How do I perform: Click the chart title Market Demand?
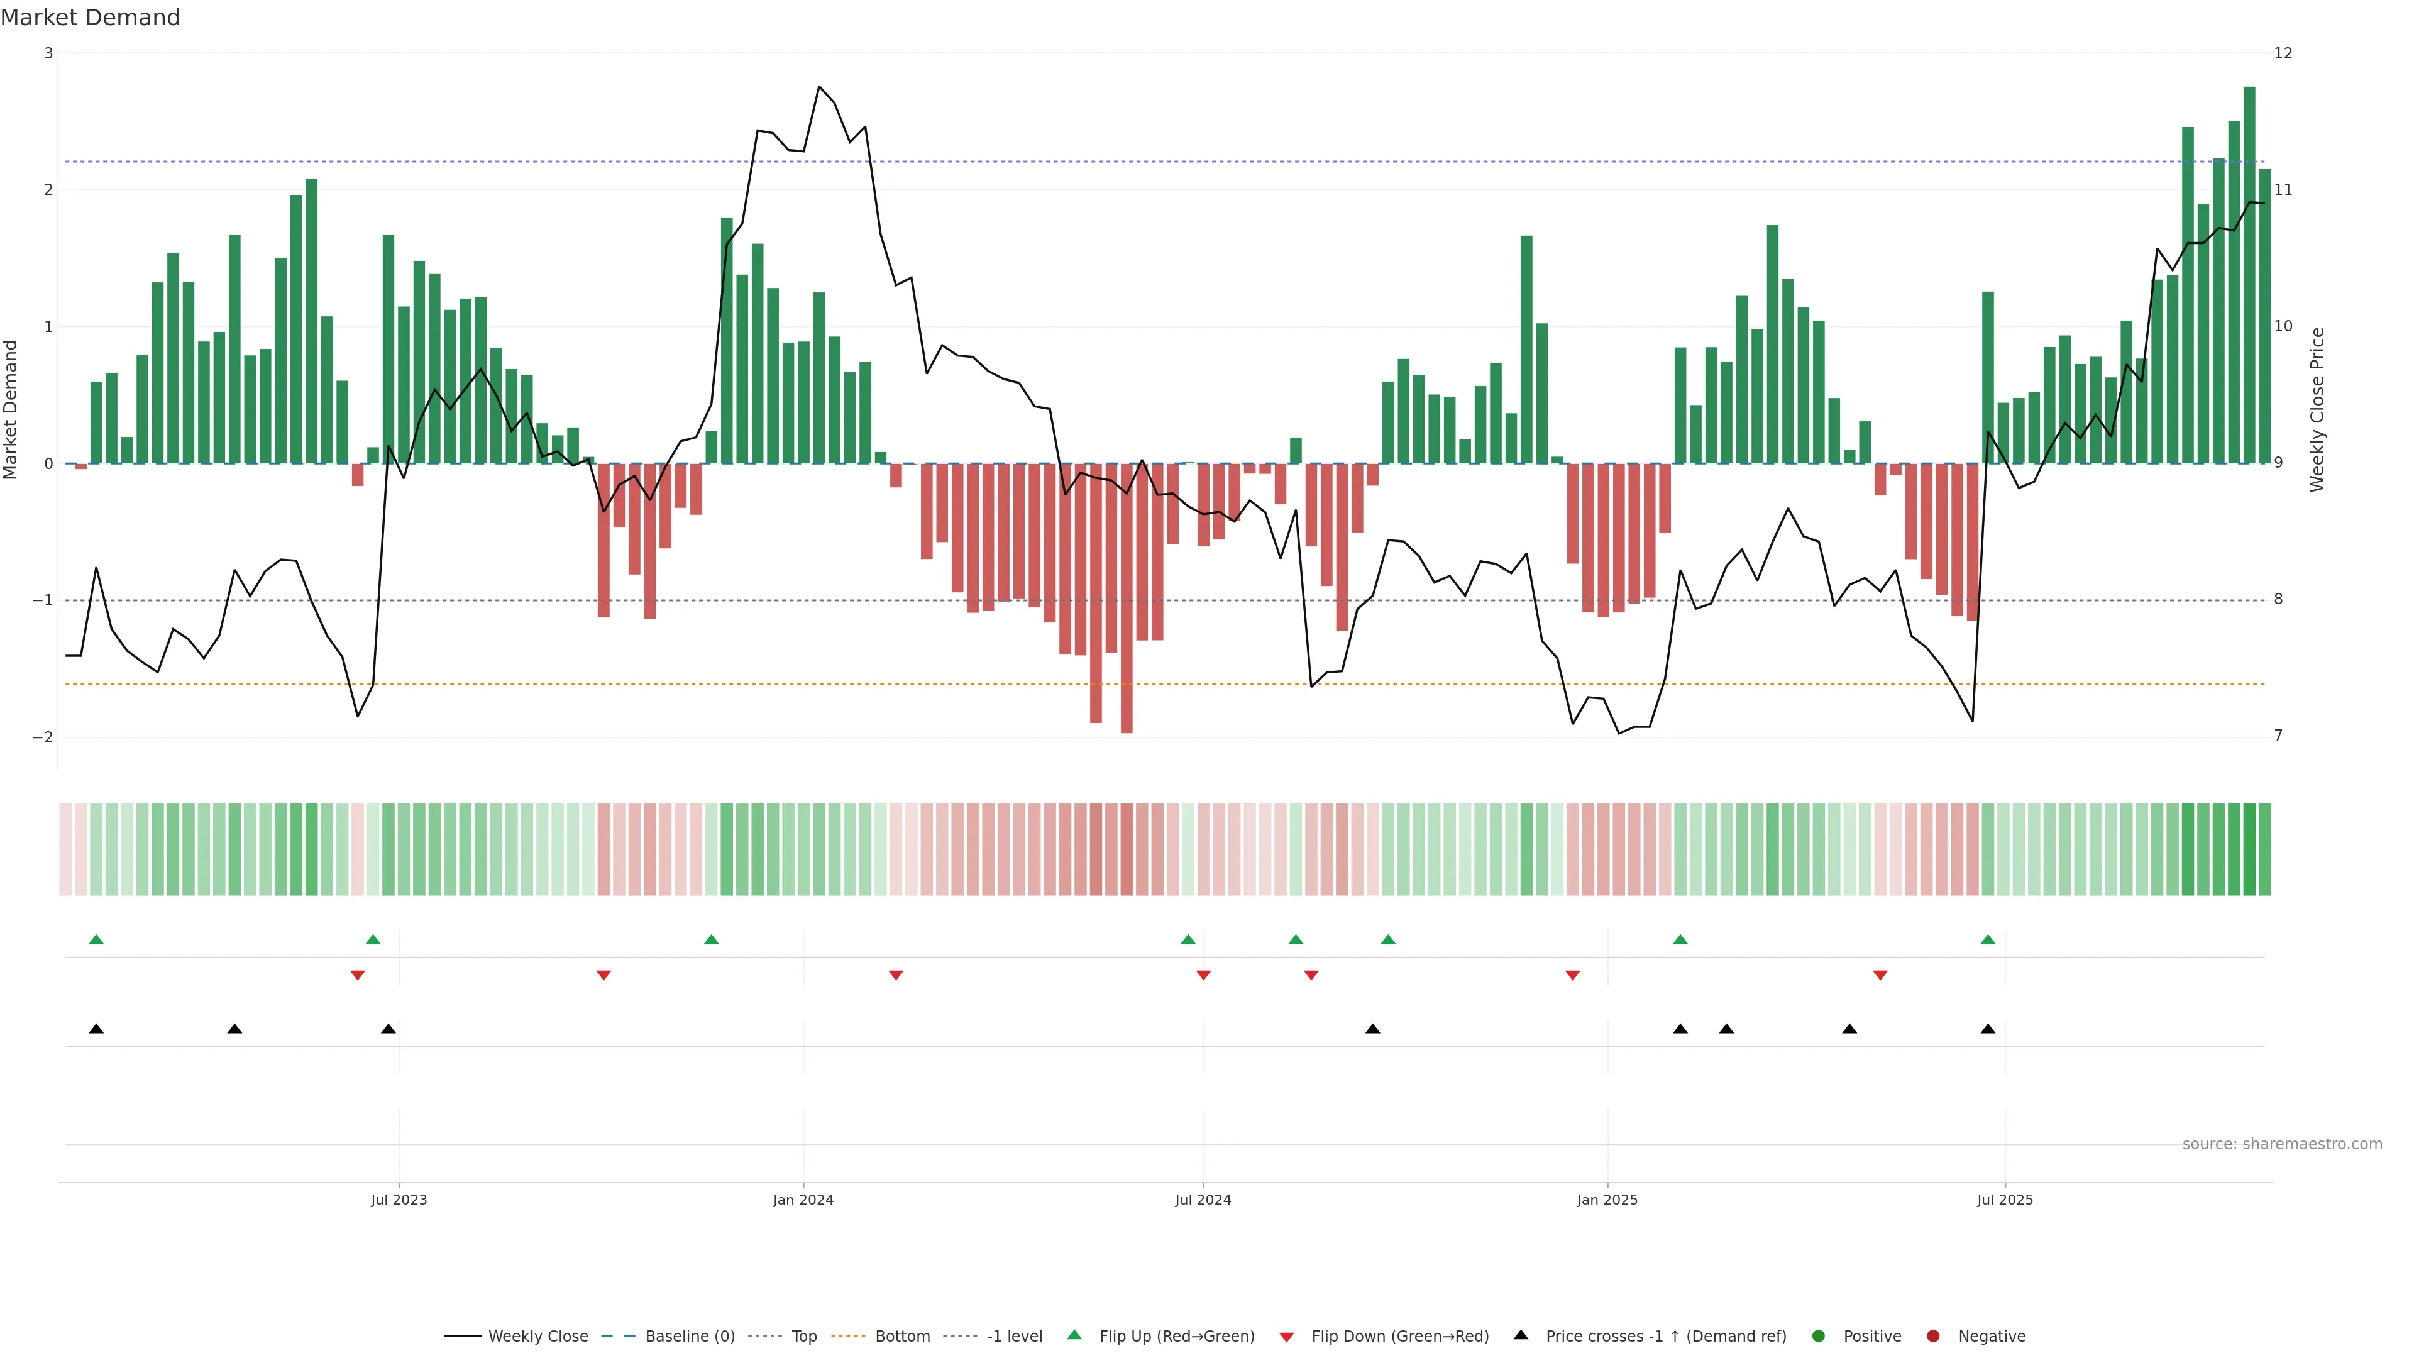[90, 18]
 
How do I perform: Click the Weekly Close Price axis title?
[2317, 409]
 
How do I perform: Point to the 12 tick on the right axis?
[2283, 53]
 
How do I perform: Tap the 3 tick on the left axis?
[49, 53]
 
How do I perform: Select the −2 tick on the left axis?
[43, 737]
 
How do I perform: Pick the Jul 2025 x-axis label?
[2005, 1200]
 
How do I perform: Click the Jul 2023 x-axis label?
[399, 1200]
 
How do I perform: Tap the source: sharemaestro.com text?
[2282, 1144]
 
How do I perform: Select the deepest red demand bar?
[1127, 600]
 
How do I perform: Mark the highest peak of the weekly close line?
[819, 86]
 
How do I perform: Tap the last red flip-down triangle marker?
[1880, 976]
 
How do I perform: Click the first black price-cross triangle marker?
[96, 1029]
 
